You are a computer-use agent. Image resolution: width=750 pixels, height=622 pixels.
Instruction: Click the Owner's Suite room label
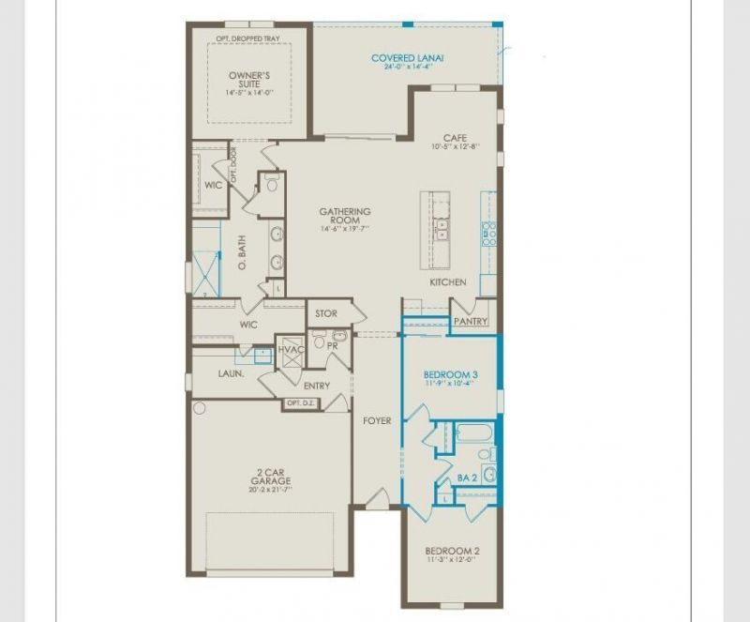click(249, 80)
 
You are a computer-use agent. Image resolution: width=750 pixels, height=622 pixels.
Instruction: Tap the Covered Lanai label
click(407, 58)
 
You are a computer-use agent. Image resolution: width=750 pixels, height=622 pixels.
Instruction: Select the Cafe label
click(455, 138)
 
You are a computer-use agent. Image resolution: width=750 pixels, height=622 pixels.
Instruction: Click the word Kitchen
click(447, 282)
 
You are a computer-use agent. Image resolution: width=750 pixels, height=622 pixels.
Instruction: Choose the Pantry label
click(470, 321)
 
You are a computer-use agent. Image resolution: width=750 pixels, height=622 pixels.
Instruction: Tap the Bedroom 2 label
click(452, 551)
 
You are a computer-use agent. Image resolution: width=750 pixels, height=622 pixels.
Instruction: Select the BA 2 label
click(466, 478)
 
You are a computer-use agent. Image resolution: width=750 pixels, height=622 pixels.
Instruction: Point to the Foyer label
click(377, 421)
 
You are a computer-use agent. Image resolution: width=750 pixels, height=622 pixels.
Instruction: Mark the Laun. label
click(232, 373)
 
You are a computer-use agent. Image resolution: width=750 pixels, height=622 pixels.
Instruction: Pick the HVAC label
click(291, 350)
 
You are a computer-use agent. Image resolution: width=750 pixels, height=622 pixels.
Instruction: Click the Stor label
click(325, 313)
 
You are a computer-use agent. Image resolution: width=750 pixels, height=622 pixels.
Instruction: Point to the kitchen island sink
click(441, 226)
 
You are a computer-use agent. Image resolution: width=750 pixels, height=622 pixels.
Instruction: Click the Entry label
click(317, 386)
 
